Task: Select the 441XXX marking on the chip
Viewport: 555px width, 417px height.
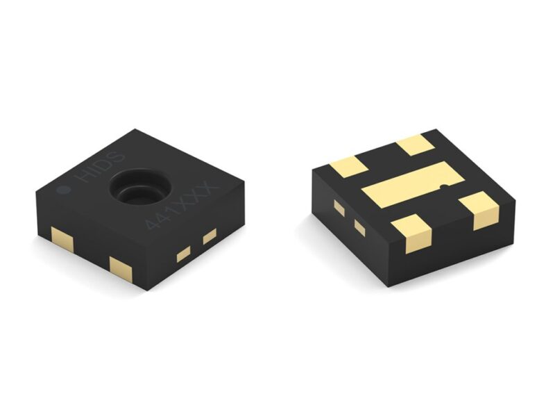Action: [182, 206]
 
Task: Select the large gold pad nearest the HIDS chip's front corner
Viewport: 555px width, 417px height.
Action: [120, 268]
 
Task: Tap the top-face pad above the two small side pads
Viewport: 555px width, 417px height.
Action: [348, 167]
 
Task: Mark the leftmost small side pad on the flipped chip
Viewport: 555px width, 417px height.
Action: [339, 208]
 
